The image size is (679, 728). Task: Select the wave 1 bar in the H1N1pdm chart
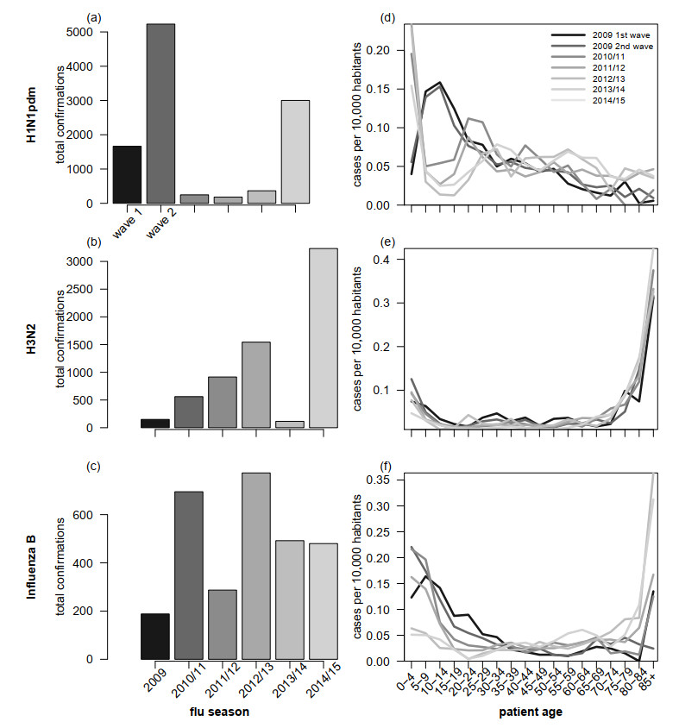[x=127, y=175]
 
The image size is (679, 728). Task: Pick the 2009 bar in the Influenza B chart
[x=155, y=636]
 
